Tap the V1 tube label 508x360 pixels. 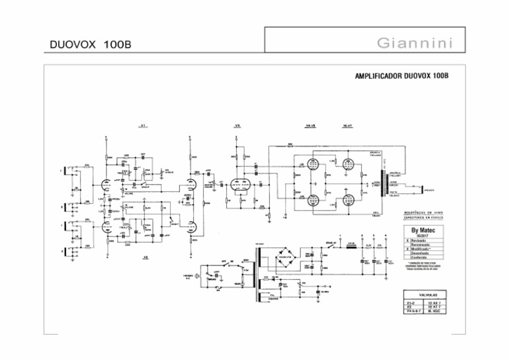tap(143, 125)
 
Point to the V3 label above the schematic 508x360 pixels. tap(237, 125)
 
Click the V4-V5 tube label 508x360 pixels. tap(311, 125)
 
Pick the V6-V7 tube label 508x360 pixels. tap(347, 125)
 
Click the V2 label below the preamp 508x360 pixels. tap(146, 256)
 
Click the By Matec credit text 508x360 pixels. tap(424, 232)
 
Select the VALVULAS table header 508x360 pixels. tap(425, 292)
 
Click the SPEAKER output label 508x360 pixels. tap(430, 189)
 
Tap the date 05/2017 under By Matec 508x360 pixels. tap(424, 236)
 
